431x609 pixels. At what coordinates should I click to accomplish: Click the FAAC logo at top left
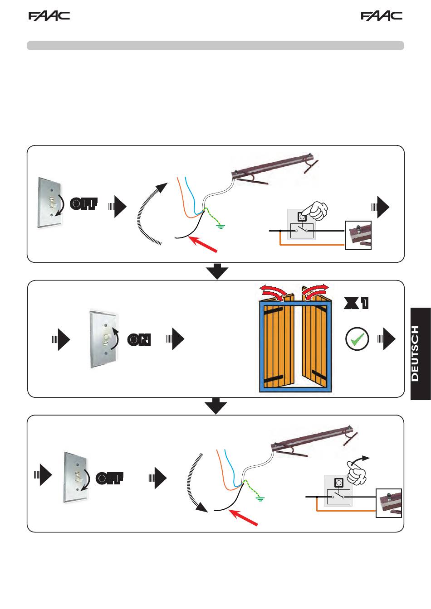[x=49, y=16]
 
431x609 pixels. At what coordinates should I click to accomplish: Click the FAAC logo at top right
[x=382, y=16]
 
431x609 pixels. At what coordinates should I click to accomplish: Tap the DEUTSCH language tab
[x=421, y=354]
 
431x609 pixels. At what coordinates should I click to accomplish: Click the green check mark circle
[x=357, y=339]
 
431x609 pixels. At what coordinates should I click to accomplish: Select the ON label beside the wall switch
[x=139, y=339]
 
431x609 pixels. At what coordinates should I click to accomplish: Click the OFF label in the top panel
[x=83, y=203]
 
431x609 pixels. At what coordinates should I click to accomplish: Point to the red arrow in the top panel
[x=203, y=244]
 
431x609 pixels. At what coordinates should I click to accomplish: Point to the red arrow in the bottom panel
[x=243, y=517]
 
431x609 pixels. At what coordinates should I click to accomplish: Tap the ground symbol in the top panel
[x=220, y=226]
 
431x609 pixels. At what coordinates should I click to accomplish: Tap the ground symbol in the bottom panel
[x=260, y=499]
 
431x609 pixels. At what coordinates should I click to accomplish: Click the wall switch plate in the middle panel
[x=104, y=339]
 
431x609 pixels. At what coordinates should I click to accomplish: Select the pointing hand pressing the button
[x=316, y=210]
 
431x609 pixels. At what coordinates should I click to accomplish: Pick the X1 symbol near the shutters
[x=356, y=303]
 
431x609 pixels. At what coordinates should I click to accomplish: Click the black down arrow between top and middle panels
[x=217, y=271]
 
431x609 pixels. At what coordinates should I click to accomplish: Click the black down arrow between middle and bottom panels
[x=215, y=406]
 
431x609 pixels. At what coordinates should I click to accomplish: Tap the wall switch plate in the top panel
[x=49, y=203]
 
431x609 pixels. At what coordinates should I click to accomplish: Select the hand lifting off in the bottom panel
[x=357, y=474]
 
